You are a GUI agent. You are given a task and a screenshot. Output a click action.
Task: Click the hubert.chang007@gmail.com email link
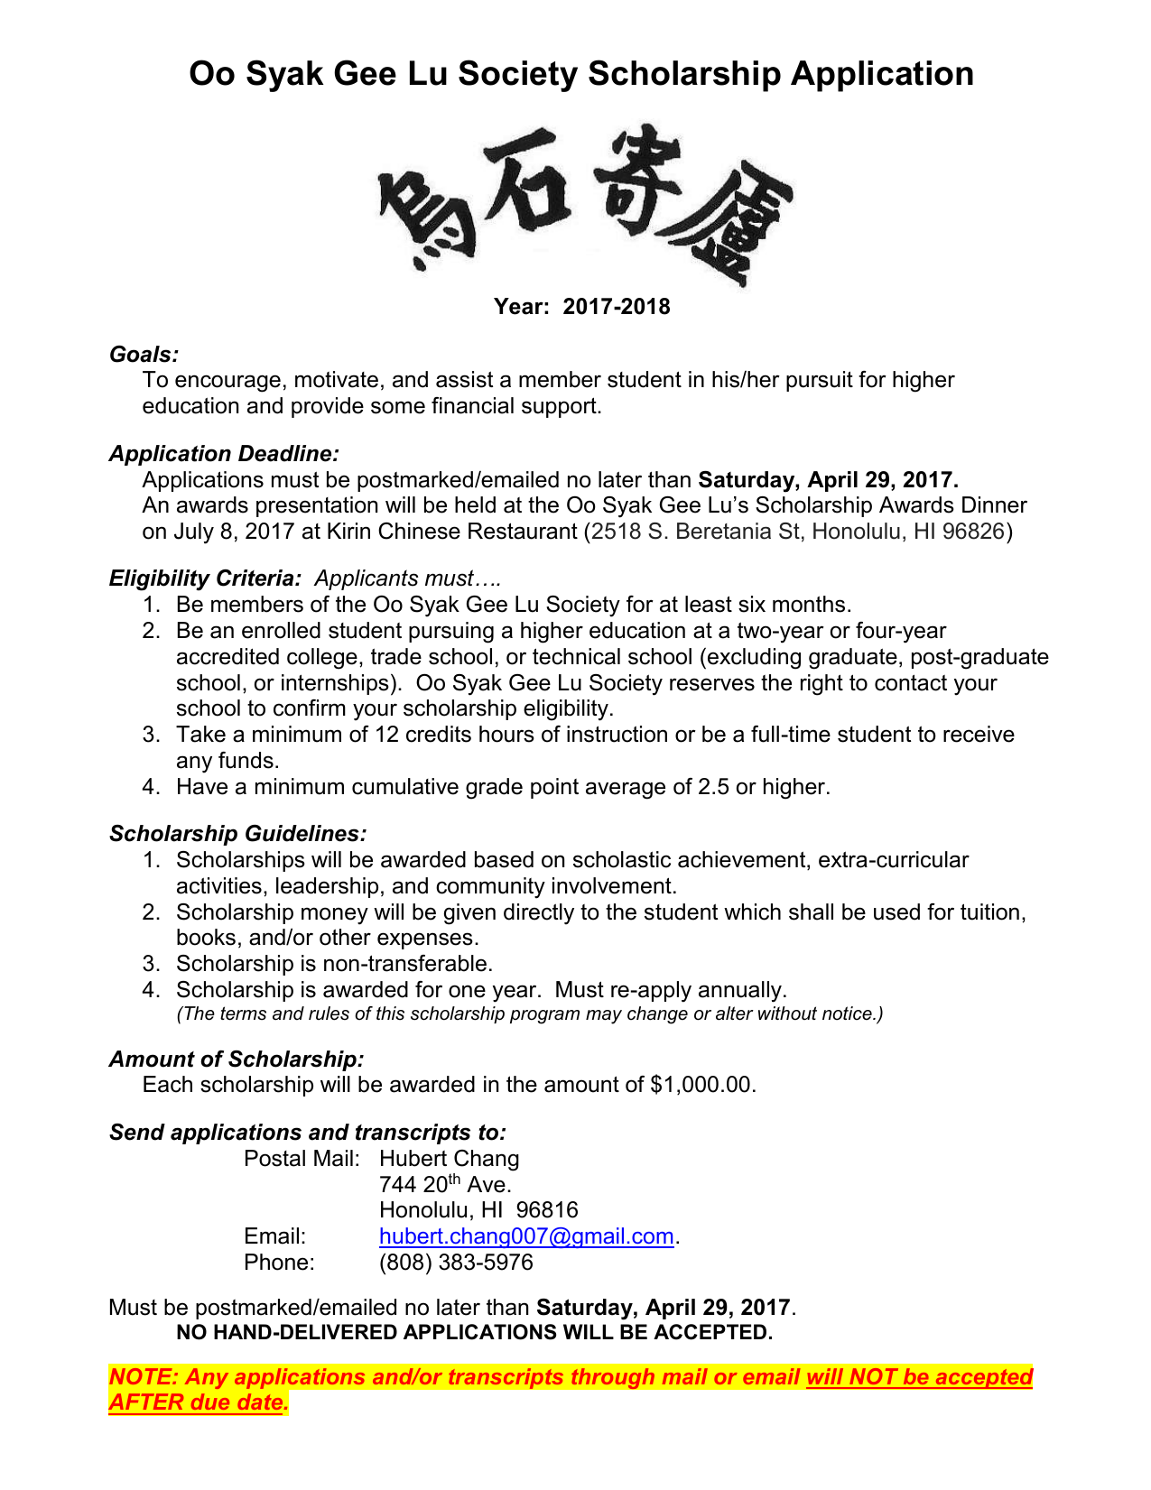pos(526,1236)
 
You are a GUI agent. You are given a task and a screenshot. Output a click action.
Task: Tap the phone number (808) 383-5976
pos(456,1263)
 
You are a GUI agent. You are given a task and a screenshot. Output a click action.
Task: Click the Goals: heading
pos(144,355)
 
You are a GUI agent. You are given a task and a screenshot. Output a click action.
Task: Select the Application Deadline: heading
pos(224,454)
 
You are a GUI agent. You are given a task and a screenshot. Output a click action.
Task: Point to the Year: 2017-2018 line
pos(581,307)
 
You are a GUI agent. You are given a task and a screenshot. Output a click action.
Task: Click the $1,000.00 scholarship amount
pos(701,1085)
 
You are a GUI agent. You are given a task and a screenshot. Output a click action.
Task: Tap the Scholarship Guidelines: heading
pos(237,834)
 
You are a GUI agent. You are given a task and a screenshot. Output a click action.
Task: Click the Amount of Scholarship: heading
pos(237,1060)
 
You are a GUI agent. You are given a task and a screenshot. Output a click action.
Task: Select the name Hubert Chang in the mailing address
pos(449,1159)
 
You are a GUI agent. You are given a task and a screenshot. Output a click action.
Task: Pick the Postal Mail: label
pos(302,1159)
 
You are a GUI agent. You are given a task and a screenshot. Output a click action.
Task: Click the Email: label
pos(274,1236)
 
